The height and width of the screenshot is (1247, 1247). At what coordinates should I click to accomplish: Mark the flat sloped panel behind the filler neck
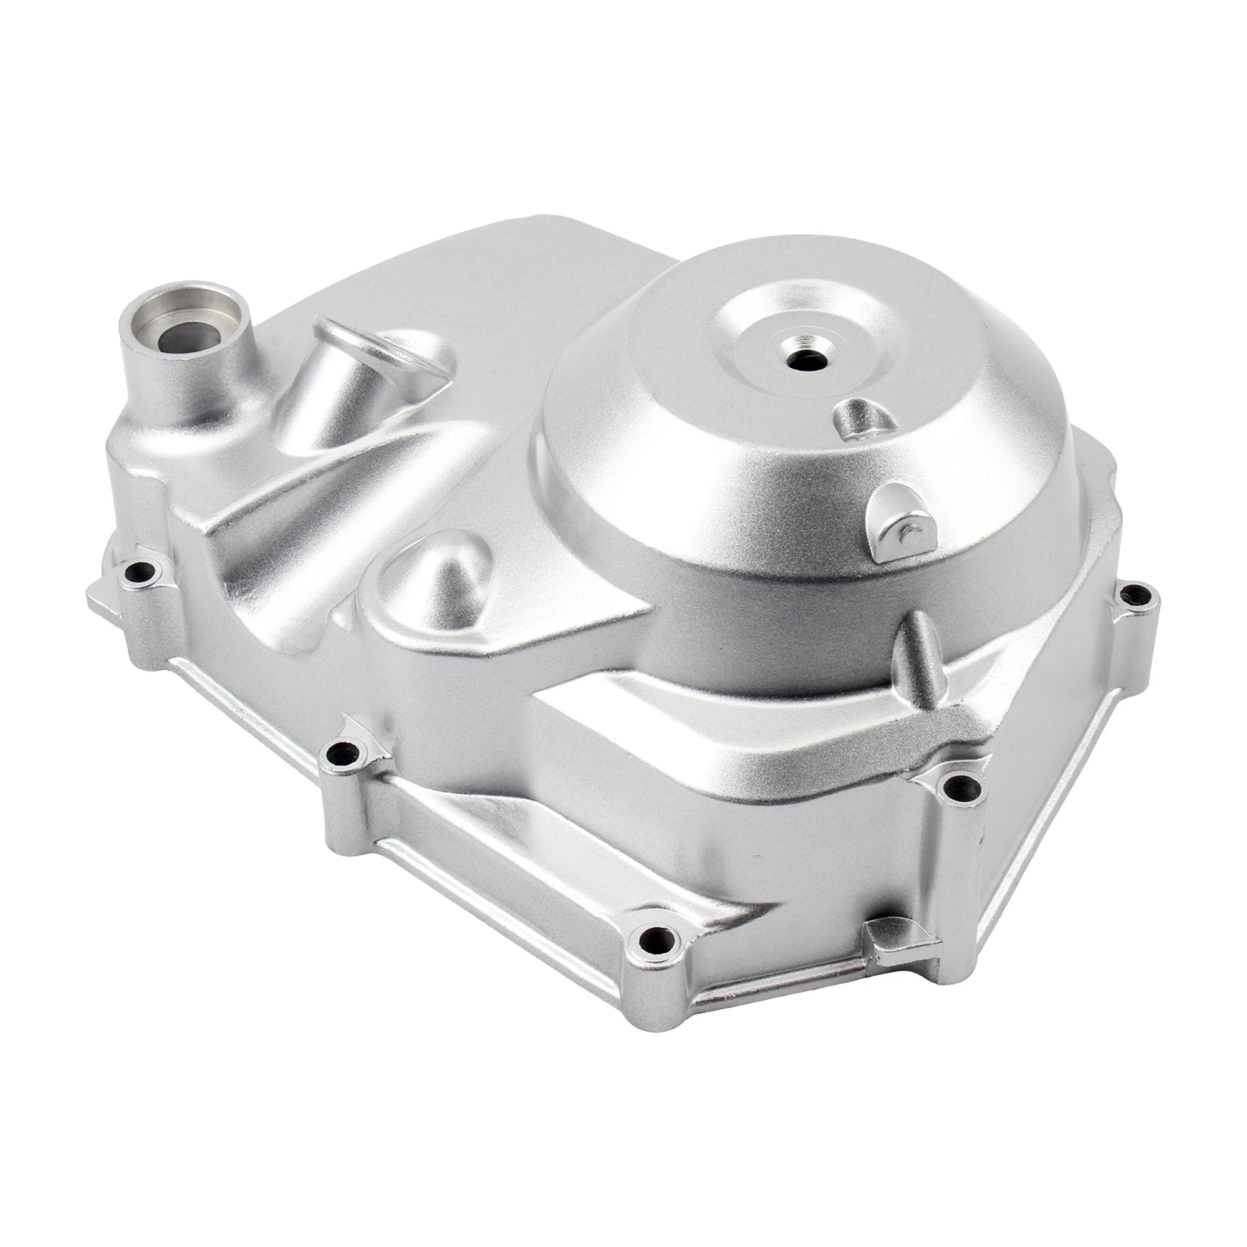point(452,271)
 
